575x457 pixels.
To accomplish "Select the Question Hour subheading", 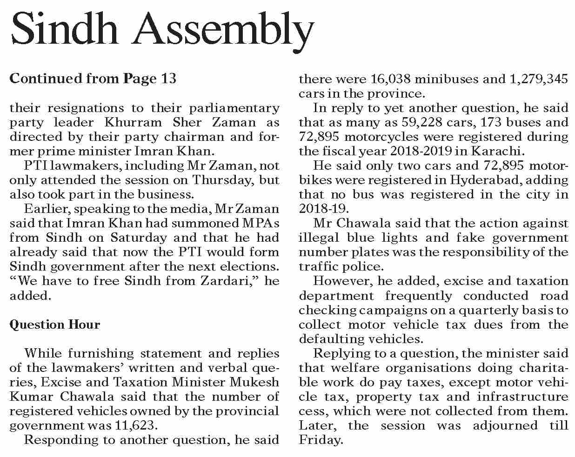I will click(x=54, y=324).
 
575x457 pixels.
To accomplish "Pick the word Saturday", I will click(x=139, y=238).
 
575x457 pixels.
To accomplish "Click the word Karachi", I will click(x=501, y=152).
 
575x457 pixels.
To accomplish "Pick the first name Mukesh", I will click(x=257, y=382).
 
